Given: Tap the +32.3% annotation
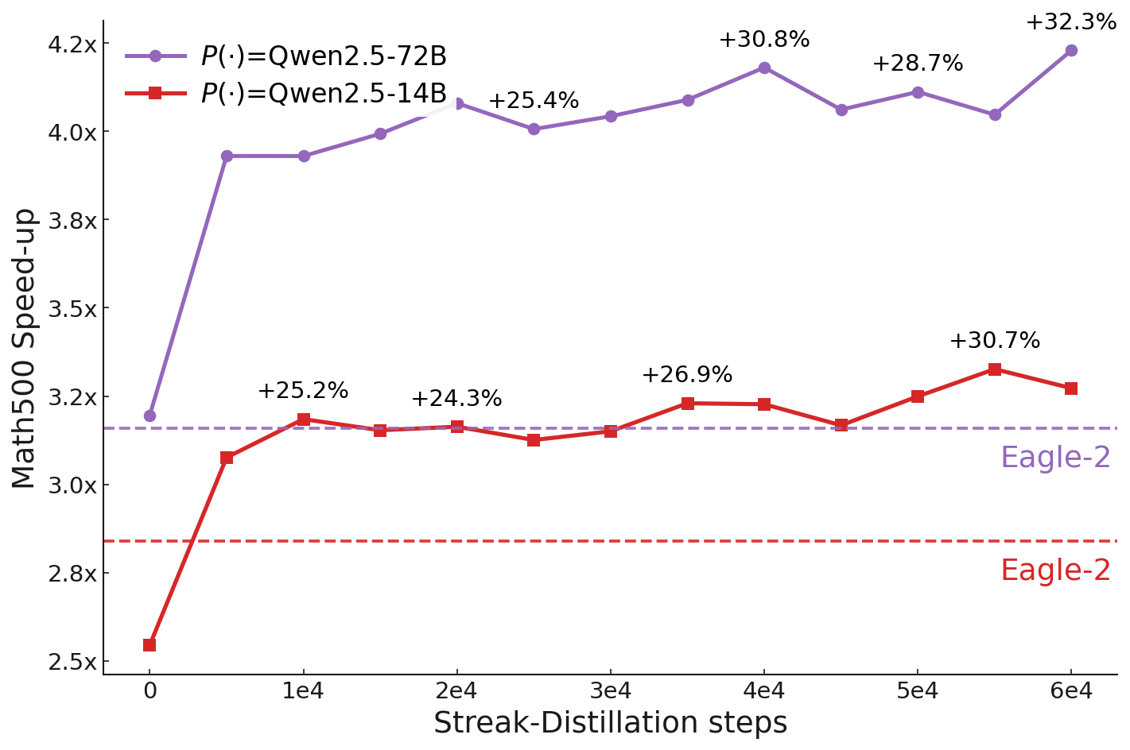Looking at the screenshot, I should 1070,22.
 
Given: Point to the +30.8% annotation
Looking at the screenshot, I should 763,40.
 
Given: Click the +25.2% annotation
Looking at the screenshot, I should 302,391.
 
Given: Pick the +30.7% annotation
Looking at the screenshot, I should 994,341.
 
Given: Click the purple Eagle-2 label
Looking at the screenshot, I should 1054,458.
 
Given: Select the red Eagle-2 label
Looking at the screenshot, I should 1054,570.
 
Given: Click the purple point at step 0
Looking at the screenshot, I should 150,416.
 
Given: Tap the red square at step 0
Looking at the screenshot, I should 150,645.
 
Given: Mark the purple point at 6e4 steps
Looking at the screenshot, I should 1070,50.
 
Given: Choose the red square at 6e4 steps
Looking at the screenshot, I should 1070,389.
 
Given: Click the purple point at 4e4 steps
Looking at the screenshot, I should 763,68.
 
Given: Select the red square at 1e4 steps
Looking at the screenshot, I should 303,419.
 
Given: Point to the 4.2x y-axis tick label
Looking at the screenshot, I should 72,44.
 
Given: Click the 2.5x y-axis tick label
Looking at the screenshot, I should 72,662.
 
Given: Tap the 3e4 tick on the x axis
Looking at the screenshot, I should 610,691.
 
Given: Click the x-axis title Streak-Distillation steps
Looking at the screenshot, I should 610,723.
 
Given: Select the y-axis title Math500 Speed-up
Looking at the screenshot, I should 24,348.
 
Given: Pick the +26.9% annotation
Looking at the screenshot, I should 686,375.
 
